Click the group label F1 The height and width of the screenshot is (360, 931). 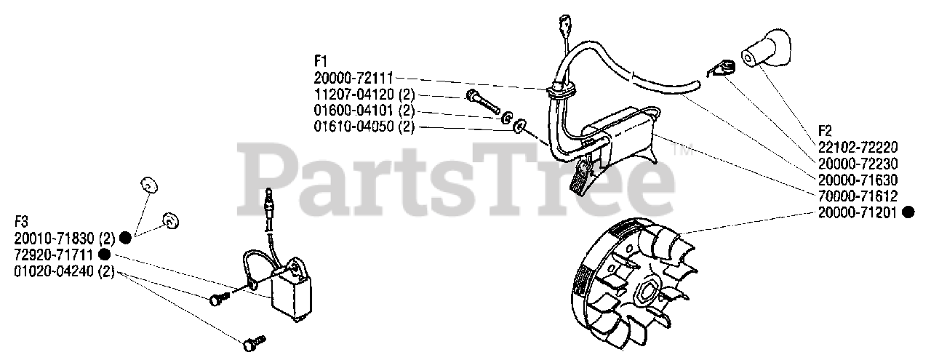pos(321,62)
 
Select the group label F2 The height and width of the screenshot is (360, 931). pos(824,131)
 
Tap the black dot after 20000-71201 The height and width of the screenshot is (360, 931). pos(908,212)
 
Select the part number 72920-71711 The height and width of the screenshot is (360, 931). pos(55,255)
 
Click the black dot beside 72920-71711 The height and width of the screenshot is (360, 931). pos(104,255)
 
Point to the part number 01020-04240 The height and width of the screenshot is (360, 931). pos(55,272)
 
